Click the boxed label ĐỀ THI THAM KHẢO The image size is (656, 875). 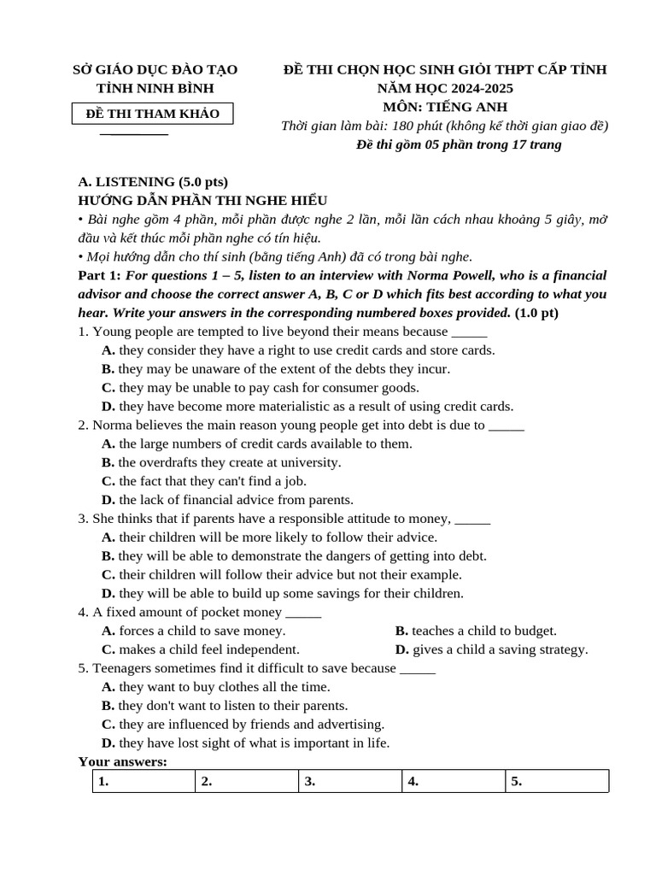[154, 114]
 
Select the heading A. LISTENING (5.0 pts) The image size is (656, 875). [153, 181]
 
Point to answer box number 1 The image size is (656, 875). [144, 781]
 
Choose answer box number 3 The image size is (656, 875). [350, 781]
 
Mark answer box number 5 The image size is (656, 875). [557, 781]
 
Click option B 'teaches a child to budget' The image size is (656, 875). [476, 631]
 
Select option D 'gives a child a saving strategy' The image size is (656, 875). [491, 649]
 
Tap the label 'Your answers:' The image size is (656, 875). [122, 761]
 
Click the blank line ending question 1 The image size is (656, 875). [469, 333]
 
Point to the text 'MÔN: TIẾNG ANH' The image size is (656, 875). [445, 107]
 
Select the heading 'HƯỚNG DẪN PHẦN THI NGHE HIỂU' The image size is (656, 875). [202, 200]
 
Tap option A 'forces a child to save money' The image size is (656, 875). [193, 631]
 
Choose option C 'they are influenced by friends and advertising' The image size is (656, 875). [243, 724]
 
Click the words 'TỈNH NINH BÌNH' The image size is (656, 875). [155, 88]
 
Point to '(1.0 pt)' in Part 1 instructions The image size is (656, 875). [536, 313]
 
